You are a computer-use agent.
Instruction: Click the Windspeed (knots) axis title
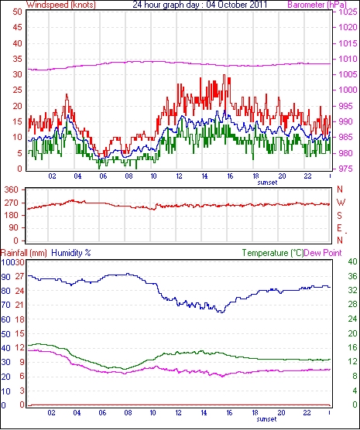[x=61, y=5]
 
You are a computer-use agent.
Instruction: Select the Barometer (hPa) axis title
[x=317, y=5]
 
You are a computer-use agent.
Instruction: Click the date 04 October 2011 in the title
[x=236, y=5]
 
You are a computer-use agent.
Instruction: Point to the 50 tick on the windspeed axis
[x=17, y=12]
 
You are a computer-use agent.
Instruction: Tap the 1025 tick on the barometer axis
[x=348, y=12]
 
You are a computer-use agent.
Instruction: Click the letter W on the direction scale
[x=341, y=203]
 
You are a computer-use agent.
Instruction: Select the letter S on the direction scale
[x=340, y=216]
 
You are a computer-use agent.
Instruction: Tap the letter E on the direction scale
[x=339, y=228]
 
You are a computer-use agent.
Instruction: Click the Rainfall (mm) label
[x=24, y=253]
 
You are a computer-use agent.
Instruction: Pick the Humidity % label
[x=71, y=253]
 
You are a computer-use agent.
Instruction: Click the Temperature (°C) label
[x=273, y=253]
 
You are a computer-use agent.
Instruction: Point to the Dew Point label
[x=323, y=253]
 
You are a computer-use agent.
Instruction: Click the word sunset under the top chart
[x=267, y=183]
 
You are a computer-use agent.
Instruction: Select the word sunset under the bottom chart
[x=266, y=419]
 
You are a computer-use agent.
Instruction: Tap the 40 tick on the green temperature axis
[x=352, y=262]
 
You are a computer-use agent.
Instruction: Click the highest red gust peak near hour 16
[x=225, y=75]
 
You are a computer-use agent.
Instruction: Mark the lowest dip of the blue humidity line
[x=222, y=312]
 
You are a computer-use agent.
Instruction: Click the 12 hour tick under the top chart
[x=179, y=176]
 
